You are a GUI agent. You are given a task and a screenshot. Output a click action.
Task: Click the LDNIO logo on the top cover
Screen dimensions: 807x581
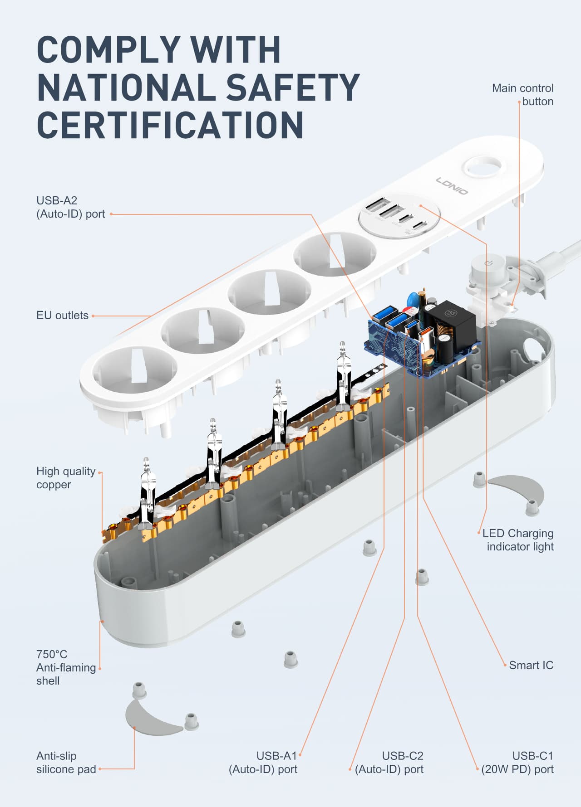[452, 186]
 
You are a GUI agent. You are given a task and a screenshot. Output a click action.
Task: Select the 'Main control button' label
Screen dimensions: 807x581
[522, 95]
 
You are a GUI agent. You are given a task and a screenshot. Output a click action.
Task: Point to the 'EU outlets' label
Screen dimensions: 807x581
[62, 316]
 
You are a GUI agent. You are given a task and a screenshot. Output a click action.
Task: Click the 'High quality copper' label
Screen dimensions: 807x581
[66, 478]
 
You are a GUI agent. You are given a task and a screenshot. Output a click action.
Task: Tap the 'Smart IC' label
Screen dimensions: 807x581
[531, 665]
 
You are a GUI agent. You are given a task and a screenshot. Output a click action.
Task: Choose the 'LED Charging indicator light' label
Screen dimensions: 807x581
[518, 540]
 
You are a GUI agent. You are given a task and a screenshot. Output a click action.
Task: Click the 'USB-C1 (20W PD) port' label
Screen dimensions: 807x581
[517, 763]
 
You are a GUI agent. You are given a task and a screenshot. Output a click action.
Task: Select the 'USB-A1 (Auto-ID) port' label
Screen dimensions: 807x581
[263, 763]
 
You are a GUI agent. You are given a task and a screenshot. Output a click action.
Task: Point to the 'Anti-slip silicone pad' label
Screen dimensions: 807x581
[66, 763]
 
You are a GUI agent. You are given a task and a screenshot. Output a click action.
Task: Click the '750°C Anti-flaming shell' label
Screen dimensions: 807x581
[66, 667]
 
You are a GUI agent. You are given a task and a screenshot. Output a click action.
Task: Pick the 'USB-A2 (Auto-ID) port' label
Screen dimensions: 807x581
[70, 207]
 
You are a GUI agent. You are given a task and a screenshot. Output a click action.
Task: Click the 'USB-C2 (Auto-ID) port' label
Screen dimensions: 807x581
[389, 763]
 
